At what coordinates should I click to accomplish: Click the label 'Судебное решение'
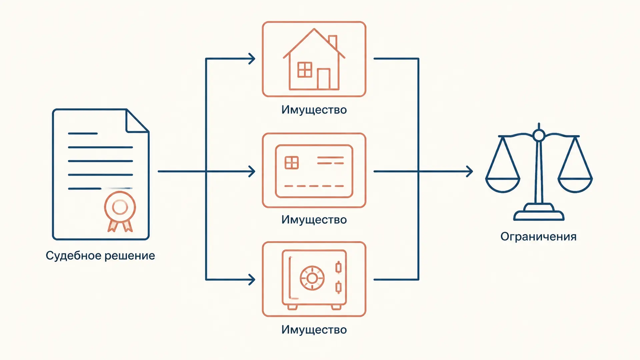(100, 256)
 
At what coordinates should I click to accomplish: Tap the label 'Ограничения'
(538, 237)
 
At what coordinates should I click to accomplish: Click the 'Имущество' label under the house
(314, 110)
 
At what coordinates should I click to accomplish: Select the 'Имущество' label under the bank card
(314, 220)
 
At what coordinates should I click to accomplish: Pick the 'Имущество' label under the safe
(314, 330)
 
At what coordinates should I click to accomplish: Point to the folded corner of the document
(137, 121)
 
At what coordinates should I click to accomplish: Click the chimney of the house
(333, 42)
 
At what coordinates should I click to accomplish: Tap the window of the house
(305, 70)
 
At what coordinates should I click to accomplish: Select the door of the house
(324, 79)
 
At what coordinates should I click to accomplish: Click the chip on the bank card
(292, 163)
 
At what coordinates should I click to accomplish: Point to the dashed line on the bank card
(314, 186)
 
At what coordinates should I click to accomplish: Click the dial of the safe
(312, 278)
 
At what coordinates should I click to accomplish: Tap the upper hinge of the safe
(339, 267)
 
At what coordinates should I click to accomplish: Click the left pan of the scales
(503, 185)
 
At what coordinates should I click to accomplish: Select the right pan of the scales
(575, 185)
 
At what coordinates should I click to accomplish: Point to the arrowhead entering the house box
(252, 59)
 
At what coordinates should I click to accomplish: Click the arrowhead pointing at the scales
(469, 171)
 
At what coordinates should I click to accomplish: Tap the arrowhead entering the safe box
(252, 280)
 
